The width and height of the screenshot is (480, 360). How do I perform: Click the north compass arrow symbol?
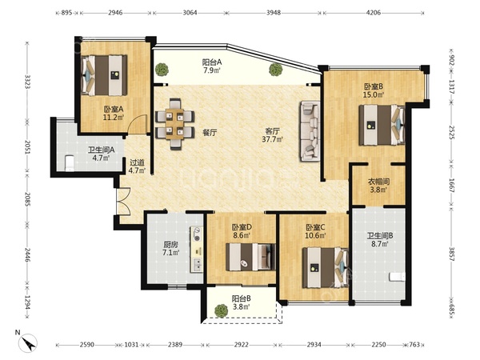(28, 342)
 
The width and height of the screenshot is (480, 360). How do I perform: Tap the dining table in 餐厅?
(174, 124)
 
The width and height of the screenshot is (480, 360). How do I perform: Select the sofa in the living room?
(310, 130)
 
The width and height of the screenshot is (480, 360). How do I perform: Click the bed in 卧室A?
(104, 75)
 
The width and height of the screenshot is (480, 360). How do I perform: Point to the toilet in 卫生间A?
(70, 163)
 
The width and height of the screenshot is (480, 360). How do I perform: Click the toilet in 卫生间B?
(397, 277)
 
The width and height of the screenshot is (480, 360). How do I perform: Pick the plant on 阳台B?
(221, 311)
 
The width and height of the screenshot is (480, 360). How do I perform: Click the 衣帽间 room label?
(378, 182)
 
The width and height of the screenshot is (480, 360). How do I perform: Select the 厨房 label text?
(170, 245)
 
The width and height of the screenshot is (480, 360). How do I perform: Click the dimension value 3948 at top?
(274, 13)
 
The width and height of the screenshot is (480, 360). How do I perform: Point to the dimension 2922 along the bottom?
(242, 345)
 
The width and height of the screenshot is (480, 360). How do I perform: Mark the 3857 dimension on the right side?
(452, 254)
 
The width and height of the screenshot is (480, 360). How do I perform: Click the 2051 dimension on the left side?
(27, 148)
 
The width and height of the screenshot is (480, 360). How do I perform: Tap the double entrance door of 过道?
(123, 201)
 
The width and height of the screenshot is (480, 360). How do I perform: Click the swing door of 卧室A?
(138, 124)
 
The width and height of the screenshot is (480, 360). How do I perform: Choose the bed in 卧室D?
(250, 257)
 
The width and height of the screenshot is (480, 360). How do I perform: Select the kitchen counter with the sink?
(197, 249)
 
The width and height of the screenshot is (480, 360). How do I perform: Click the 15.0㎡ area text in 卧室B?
(373, 95)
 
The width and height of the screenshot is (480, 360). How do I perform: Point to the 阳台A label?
(212, 62)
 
